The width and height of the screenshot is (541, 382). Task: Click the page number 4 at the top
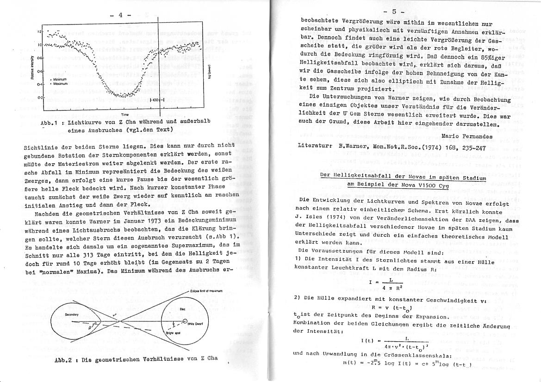(120, 15)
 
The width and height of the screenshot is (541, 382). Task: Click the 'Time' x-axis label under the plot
(124, 114)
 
